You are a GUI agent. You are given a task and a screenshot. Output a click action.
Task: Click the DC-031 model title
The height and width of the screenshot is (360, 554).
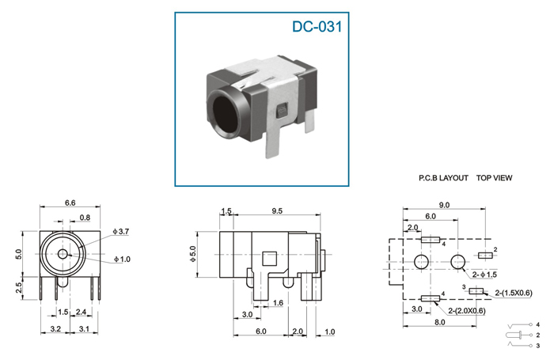pyautogui.click(x=317, y=27)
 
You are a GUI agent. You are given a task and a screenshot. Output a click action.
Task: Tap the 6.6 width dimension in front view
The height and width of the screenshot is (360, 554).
pyautogui.click(x=70, y=203)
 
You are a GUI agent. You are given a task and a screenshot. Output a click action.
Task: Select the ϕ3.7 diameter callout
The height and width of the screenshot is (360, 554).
pyautogui.click(x=121, y=232)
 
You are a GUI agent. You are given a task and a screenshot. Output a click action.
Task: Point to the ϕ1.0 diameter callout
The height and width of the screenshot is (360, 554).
pyautogui.click(x=122, y=260)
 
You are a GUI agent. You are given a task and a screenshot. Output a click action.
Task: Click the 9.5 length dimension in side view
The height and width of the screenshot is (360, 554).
pyautogui.click(x=277, y=211)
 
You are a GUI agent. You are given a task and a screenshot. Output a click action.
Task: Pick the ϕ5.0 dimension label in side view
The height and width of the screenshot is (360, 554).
pyautogui.click(x=192, y=254)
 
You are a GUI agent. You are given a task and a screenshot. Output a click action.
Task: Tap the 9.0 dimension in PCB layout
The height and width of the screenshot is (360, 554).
pyautogui.click(x=444, y=205)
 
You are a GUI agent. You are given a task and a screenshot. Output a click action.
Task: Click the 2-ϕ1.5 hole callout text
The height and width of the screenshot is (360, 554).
pyautogui.click(x=484, y=275)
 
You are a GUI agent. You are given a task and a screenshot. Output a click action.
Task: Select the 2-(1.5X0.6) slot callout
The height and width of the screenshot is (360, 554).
pyautogui.click(x=514, y=293)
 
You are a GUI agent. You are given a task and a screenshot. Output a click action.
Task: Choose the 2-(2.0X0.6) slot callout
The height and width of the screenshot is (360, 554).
pyautogui.click(x=467, y=311)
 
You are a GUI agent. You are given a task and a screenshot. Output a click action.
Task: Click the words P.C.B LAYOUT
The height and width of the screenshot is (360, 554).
pyautogui.click(x=443, y=178)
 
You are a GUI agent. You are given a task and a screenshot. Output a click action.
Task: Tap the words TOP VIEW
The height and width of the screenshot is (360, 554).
pyautogui.click(x=494, y=178)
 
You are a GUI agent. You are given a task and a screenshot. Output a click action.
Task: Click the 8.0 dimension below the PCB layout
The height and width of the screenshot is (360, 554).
pyautogui.click(x=439, y=322)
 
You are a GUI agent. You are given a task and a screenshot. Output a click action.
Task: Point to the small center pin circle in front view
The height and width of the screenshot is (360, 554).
pyautogui.click(x=63, y=254)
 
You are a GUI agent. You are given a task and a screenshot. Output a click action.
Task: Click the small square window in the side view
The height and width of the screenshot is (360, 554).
pyautogui.click(x=270, y=259)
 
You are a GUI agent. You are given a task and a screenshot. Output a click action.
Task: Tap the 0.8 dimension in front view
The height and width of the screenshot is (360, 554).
pyautogui.click(x=85, y=218)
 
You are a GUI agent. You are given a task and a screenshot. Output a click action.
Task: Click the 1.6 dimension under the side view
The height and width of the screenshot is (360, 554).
pyautogui.click(x=278, y=303)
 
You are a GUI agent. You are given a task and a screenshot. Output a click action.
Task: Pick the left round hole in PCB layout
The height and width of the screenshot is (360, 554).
pyautogui.click(x=422, y=262)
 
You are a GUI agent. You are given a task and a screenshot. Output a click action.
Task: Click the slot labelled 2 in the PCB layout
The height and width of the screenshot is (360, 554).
pyautogui.click(x=485, y=255)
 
